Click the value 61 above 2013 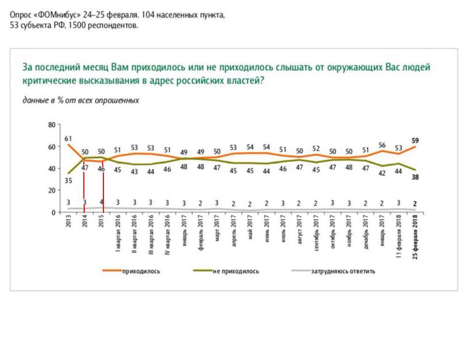[68, 139]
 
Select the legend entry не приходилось [235, 271]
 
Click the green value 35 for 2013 [68, 181]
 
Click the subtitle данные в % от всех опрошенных [80, 101]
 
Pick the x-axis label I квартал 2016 [117, 234]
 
